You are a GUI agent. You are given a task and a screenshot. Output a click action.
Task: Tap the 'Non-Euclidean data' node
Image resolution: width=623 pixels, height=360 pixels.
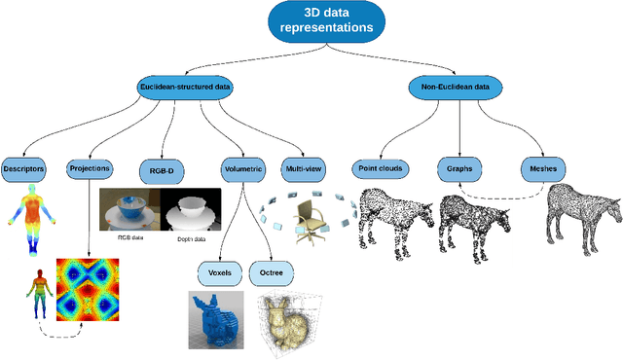coord(456,88)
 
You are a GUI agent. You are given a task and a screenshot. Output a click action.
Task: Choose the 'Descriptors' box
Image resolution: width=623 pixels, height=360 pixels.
coord(22,168)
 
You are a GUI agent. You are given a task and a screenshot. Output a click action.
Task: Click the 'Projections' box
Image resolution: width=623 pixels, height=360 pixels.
coord(90,168)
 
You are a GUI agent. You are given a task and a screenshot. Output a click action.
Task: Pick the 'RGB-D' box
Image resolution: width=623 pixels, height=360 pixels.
coord(161,168)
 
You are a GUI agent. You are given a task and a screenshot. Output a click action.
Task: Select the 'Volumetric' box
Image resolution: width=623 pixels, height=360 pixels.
coord(243,168)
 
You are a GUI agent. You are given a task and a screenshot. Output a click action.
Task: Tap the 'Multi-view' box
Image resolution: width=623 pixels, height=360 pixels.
coord(303,168)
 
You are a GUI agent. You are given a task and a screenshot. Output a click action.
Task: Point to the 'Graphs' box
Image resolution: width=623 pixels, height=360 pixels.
coord(459,168)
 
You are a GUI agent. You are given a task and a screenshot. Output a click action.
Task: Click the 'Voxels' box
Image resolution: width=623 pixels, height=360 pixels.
coord(218,270)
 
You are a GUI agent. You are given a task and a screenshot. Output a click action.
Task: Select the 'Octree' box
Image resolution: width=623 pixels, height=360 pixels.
coord(272,270)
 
